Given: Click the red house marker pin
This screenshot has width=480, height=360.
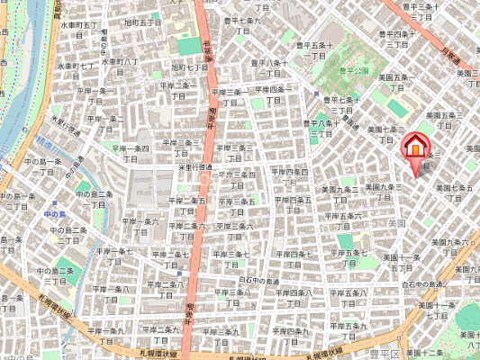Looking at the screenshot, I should coord(415,149).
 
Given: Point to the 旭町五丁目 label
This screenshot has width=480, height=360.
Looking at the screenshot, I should coord(142,22).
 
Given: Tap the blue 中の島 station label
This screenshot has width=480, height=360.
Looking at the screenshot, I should coord(54,214).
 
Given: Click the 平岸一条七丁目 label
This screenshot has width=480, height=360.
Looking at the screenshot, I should coord(111,256).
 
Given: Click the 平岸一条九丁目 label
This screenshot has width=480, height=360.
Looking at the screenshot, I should coord(106,336).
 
